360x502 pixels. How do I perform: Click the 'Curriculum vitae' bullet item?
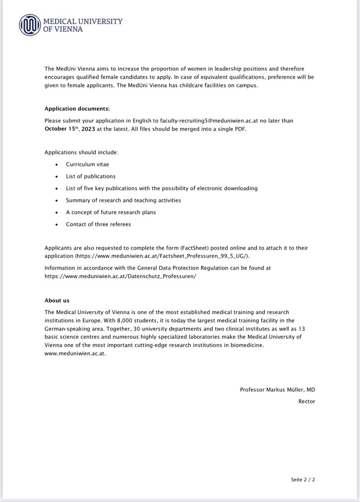(87, 164)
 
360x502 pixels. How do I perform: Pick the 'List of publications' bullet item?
(90, 176)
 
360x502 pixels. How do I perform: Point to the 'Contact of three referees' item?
(98, 224)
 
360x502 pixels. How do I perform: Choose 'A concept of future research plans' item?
(111, 212)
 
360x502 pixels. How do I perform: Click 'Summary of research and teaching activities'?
(123, 200)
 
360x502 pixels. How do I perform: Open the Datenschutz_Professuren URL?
(120, 277)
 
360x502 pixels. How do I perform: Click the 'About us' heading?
(57, 300)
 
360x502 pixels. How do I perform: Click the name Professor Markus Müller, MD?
(277, 389)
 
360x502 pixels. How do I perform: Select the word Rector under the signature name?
(307, 401)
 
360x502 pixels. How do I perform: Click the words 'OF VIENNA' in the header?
(64, 29)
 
